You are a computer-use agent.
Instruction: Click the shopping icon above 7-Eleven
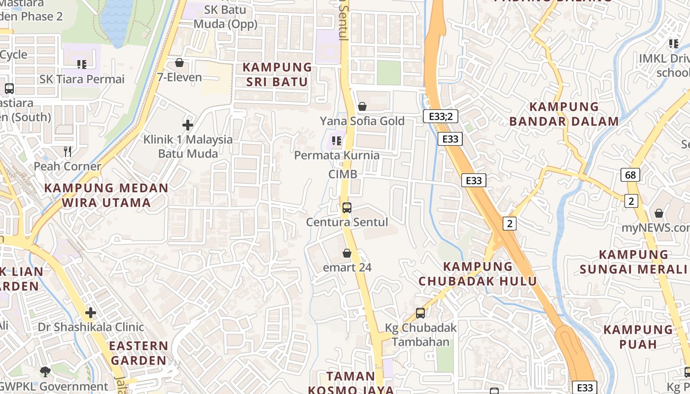pyautogui.click(x=179, y=63)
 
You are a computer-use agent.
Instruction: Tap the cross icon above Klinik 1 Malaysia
pyautogui.click(x=188, y=125)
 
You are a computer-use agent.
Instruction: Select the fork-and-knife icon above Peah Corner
pyautogui.click(x=68, y=151)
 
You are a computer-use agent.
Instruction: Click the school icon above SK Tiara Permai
pyautogui.click(x=82, y=64)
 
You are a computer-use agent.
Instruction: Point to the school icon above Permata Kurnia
pyautogui.click(x=337, y=141)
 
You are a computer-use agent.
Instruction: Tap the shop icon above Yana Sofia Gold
pyautogui.click(x=362, y=106)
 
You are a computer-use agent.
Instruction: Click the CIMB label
pyautogui.click(x=343, y=174)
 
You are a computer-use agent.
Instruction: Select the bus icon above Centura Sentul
pyautogui.click(x=347, y=207)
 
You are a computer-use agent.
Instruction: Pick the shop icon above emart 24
pyautogui.click(x=347, y=253)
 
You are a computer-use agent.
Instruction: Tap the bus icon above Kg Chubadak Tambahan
pyautogui.click(x=420, y=313)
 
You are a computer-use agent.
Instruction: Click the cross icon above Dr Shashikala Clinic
pyautogui.click(x=91, y=312)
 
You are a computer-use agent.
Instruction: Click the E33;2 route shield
pyautogui.click(x=441, y=116)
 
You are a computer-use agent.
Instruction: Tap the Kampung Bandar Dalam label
pyautogui.click(x=564, y=114)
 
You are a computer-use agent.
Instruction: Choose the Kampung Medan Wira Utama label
pyautogui.click(x=106, y=195)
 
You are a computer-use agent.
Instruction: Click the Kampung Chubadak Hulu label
pyautogui.click(x=478, y=274)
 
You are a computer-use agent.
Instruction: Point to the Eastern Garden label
pyautogui.click(x=138, y=353)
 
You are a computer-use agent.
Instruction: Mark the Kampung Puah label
pyautogui.click(x=638, y=336)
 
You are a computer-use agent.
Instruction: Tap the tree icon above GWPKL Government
pyautogui.click(x=45, y=371)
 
